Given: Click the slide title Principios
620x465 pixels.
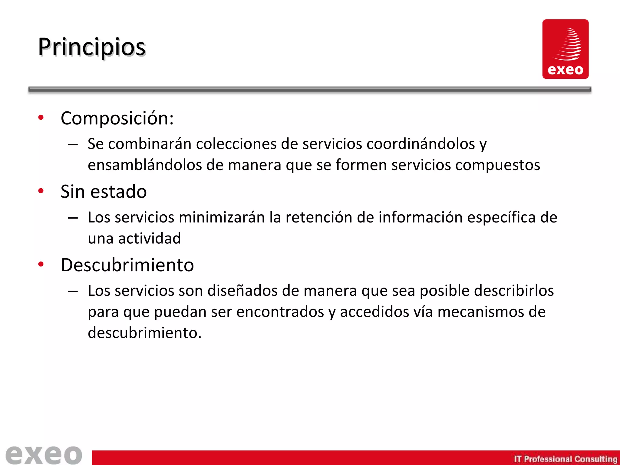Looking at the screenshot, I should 92,48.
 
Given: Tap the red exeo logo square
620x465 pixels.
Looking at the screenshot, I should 565,49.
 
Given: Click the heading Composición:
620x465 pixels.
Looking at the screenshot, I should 117,118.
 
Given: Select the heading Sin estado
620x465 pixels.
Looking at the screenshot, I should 104,192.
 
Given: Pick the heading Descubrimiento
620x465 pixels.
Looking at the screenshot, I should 127,265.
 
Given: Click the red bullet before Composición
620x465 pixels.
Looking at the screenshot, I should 41,117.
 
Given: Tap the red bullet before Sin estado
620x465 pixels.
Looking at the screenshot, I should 41,191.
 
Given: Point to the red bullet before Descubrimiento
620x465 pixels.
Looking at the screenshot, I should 41,264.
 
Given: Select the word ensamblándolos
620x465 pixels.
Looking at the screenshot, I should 145,165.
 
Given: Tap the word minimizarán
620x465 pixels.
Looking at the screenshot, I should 222,217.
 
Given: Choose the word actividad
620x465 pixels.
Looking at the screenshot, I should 150,239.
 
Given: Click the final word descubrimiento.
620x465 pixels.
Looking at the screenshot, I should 144,333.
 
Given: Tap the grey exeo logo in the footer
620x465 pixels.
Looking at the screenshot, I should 44,455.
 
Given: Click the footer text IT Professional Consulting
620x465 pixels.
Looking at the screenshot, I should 565,459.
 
